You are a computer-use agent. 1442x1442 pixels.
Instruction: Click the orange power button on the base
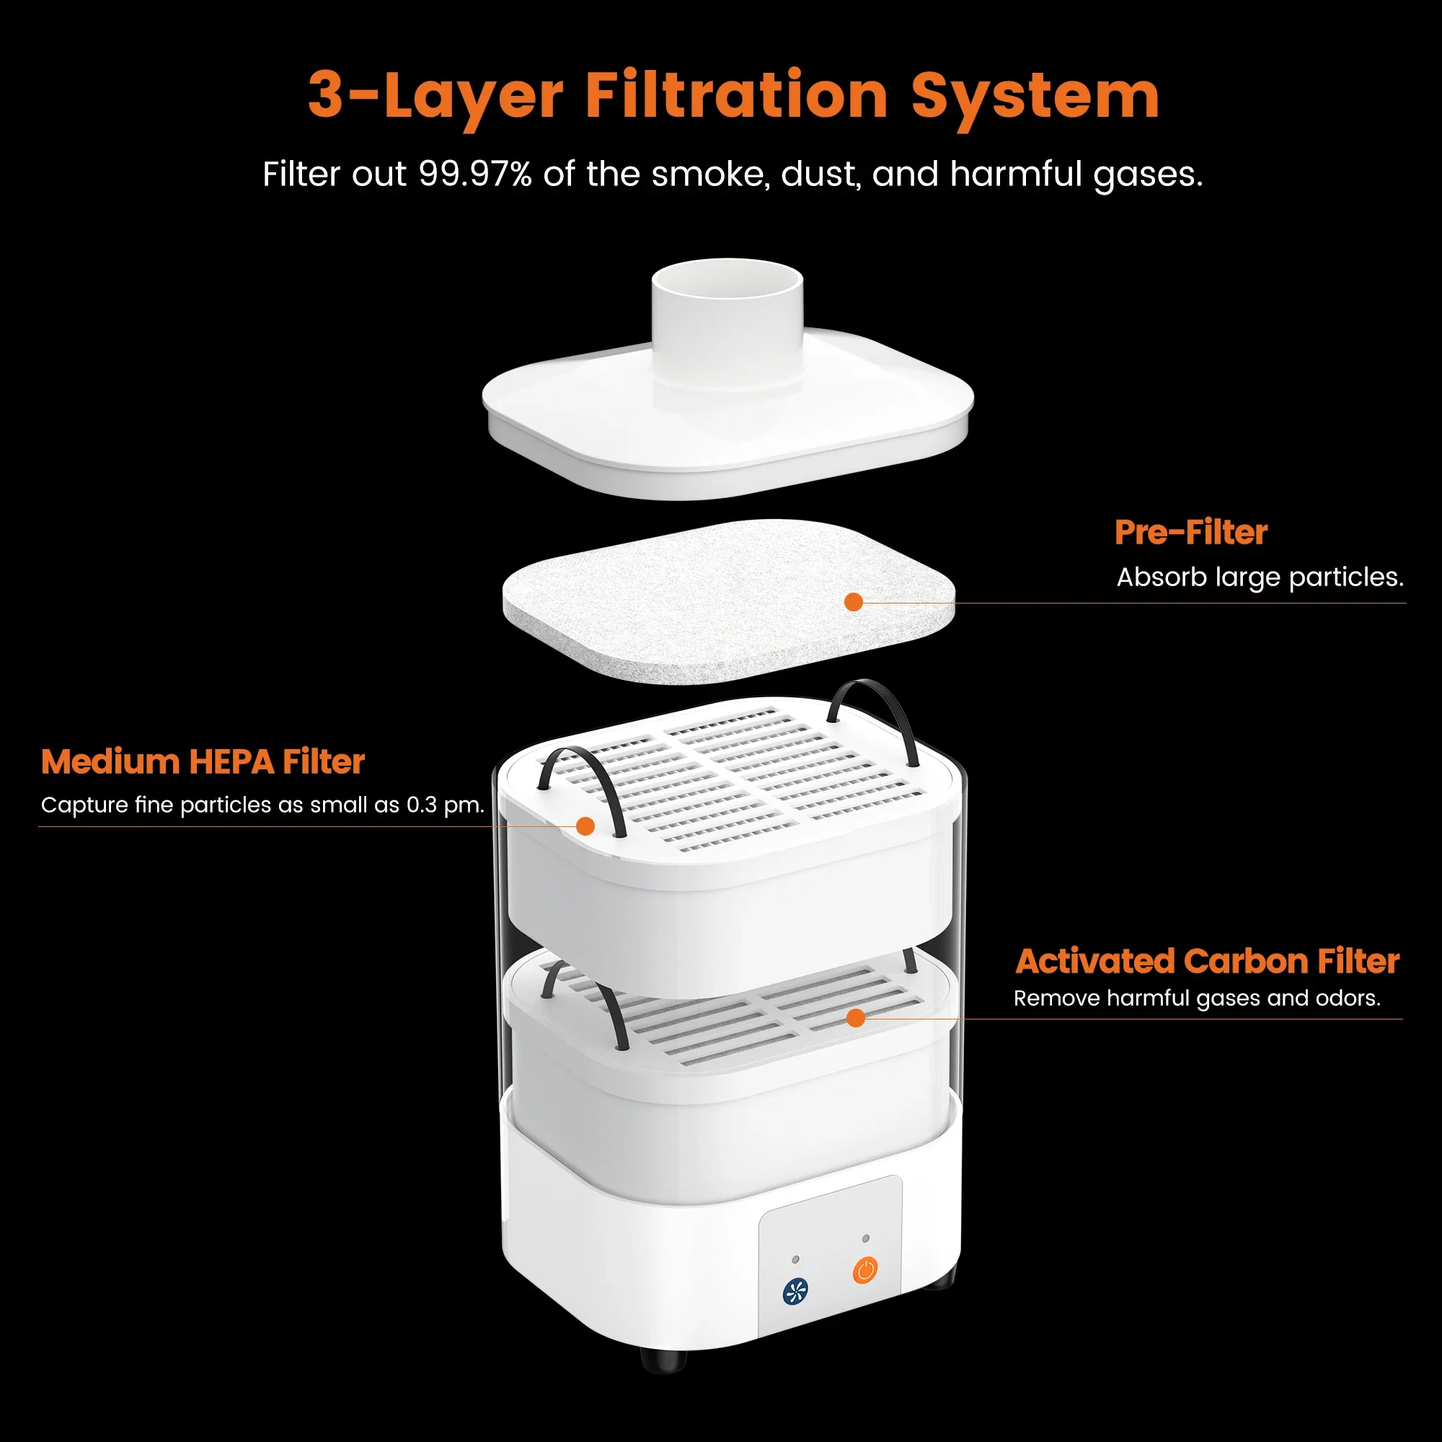865,1270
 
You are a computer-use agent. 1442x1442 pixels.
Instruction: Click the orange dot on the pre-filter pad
853,602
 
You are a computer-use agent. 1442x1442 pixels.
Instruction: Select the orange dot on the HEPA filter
585,826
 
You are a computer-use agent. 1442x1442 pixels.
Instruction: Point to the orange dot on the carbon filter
856,1018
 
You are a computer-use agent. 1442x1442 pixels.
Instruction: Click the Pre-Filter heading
1190,533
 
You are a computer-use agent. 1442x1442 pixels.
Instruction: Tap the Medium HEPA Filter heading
203,762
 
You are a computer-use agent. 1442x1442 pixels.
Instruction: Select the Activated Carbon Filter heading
1207,961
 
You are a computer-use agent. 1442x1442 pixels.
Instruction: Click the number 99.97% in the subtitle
475,174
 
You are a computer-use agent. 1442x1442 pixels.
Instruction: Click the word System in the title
1035,97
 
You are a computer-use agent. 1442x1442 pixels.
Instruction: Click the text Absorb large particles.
1259,577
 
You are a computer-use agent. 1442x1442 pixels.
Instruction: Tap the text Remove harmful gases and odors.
1196,999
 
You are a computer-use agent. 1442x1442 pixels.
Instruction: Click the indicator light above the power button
866,1238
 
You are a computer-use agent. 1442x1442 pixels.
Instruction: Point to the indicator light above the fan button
796,1260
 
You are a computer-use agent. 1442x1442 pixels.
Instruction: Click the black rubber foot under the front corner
663,1359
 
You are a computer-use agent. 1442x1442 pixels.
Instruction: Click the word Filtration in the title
737,97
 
